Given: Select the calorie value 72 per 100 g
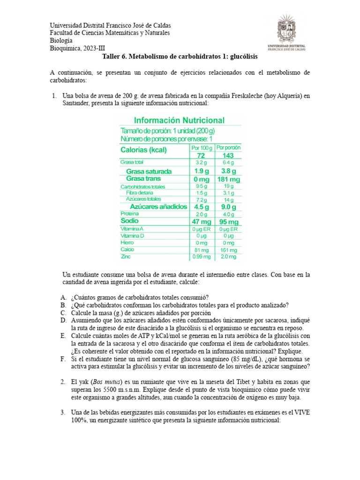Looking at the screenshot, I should [x=201, y=155].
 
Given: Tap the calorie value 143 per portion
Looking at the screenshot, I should [x=228, y=155].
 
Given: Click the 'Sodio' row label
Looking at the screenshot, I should [x=130, y=220].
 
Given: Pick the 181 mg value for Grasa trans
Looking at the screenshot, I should [x=228, y=179].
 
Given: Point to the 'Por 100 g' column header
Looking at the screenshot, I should [x=201, y=147].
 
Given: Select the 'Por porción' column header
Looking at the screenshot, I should [x=228, y=147].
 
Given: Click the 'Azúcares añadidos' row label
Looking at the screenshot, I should [x=158, y=207].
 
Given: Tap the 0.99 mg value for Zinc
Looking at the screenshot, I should [x=201, y=257].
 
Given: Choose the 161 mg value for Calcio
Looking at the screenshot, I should [x=228, y=250].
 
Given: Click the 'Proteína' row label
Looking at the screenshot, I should [x=129, y=213].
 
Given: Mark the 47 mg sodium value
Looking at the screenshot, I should [x=201, y=221].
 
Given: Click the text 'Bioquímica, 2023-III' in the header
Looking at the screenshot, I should [x=78, y=48].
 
